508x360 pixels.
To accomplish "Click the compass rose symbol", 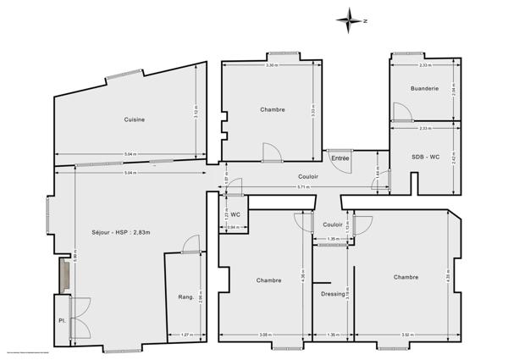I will pos(346,19).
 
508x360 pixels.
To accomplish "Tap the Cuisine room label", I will pos(133,119).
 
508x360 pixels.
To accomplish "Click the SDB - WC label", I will pos(425,158).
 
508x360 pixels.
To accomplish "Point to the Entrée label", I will pos(340,158).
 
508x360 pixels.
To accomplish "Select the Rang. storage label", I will pos(185,296).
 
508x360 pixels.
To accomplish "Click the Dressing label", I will pos(333,294).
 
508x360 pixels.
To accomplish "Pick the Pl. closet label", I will pos(62,321).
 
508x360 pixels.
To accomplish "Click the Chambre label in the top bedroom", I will pos(272,109).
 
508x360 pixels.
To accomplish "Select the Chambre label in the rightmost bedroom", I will pos(406,277).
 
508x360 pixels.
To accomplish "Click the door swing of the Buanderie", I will pos(399,111).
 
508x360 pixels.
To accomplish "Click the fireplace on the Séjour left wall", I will pos(63,275).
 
